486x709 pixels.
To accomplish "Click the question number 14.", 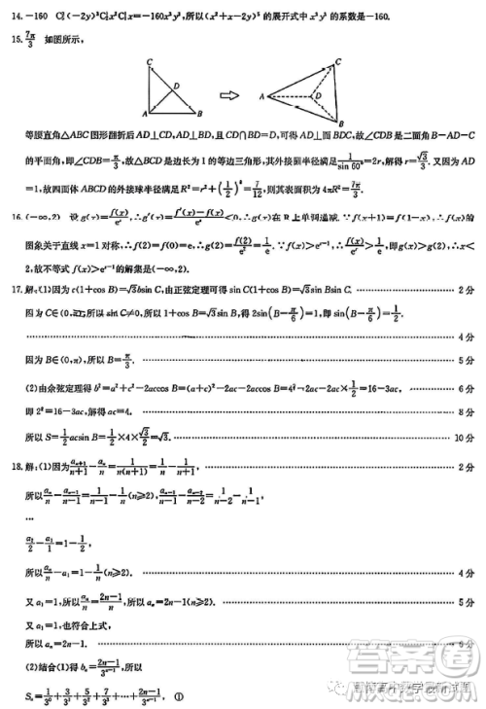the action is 17,17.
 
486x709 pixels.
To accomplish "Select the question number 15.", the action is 17,41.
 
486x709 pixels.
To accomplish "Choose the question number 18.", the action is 17,466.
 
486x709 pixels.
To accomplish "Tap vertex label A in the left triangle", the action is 143,113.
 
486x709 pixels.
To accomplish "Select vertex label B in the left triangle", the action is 198,113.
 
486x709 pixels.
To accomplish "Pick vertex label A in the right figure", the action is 263,96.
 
